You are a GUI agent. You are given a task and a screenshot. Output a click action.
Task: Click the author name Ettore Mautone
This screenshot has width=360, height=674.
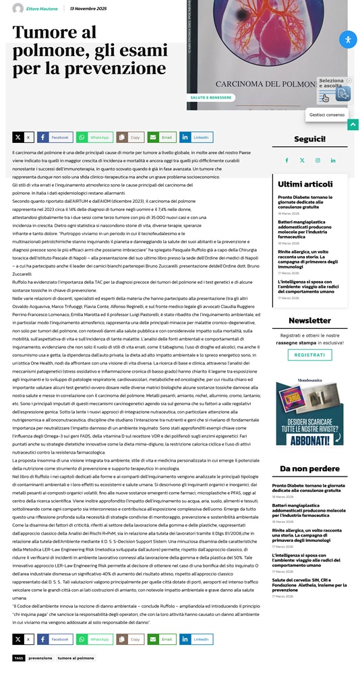pyautogui.click(x=42, y=9)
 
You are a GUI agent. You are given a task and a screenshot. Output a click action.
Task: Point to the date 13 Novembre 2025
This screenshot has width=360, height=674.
pyautogui.click(x=88, y=9)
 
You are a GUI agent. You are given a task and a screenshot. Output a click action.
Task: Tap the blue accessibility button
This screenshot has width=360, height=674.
pyautogui.click(x=347, y=39)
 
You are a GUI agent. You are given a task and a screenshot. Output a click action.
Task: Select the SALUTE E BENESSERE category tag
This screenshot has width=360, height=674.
pyautogui.click(x=211, y=98)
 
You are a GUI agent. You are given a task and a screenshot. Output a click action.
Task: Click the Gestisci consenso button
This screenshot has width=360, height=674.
pyautogui.click(x=327, y=115)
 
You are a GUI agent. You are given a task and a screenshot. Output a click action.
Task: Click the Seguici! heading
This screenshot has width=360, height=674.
pyautogui.click(x=309, y=140)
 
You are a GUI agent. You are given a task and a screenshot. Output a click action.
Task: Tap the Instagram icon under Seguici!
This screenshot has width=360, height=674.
pyautogui.click(x=318, y=160)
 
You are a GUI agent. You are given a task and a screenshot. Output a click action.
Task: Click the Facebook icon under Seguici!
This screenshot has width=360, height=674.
pyautogui.click(x=286, y=160)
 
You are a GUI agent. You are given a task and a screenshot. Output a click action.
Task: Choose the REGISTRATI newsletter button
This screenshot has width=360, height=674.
pyautogui.click(x=309, y=355)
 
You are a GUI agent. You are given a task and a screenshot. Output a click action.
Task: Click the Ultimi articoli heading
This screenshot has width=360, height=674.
pyautogui.click(x=305, y=183)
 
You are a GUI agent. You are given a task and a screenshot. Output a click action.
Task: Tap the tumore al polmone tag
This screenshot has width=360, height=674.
pyautogui.click(x=76, y=658)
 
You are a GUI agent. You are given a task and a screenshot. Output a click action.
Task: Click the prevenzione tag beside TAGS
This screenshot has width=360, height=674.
pyautogui.click(x=40, y=658)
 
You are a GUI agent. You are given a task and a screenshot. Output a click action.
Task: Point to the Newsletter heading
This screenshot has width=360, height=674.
pyautogui.click(x=309, y=321)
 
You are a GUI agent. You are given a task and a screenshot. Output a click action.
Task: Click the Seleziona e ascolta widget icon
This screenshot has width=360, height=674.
pyautogui.click(x=342, y=94)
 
